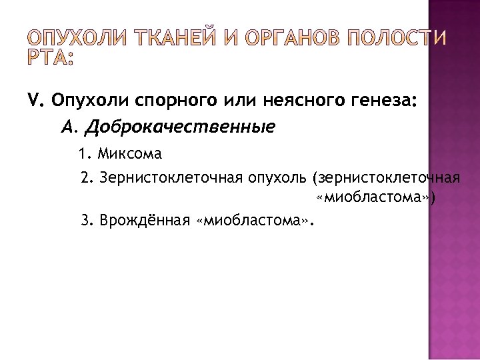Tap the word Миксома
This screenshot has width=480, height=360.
pyautogui.click(x=129, y=155)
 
